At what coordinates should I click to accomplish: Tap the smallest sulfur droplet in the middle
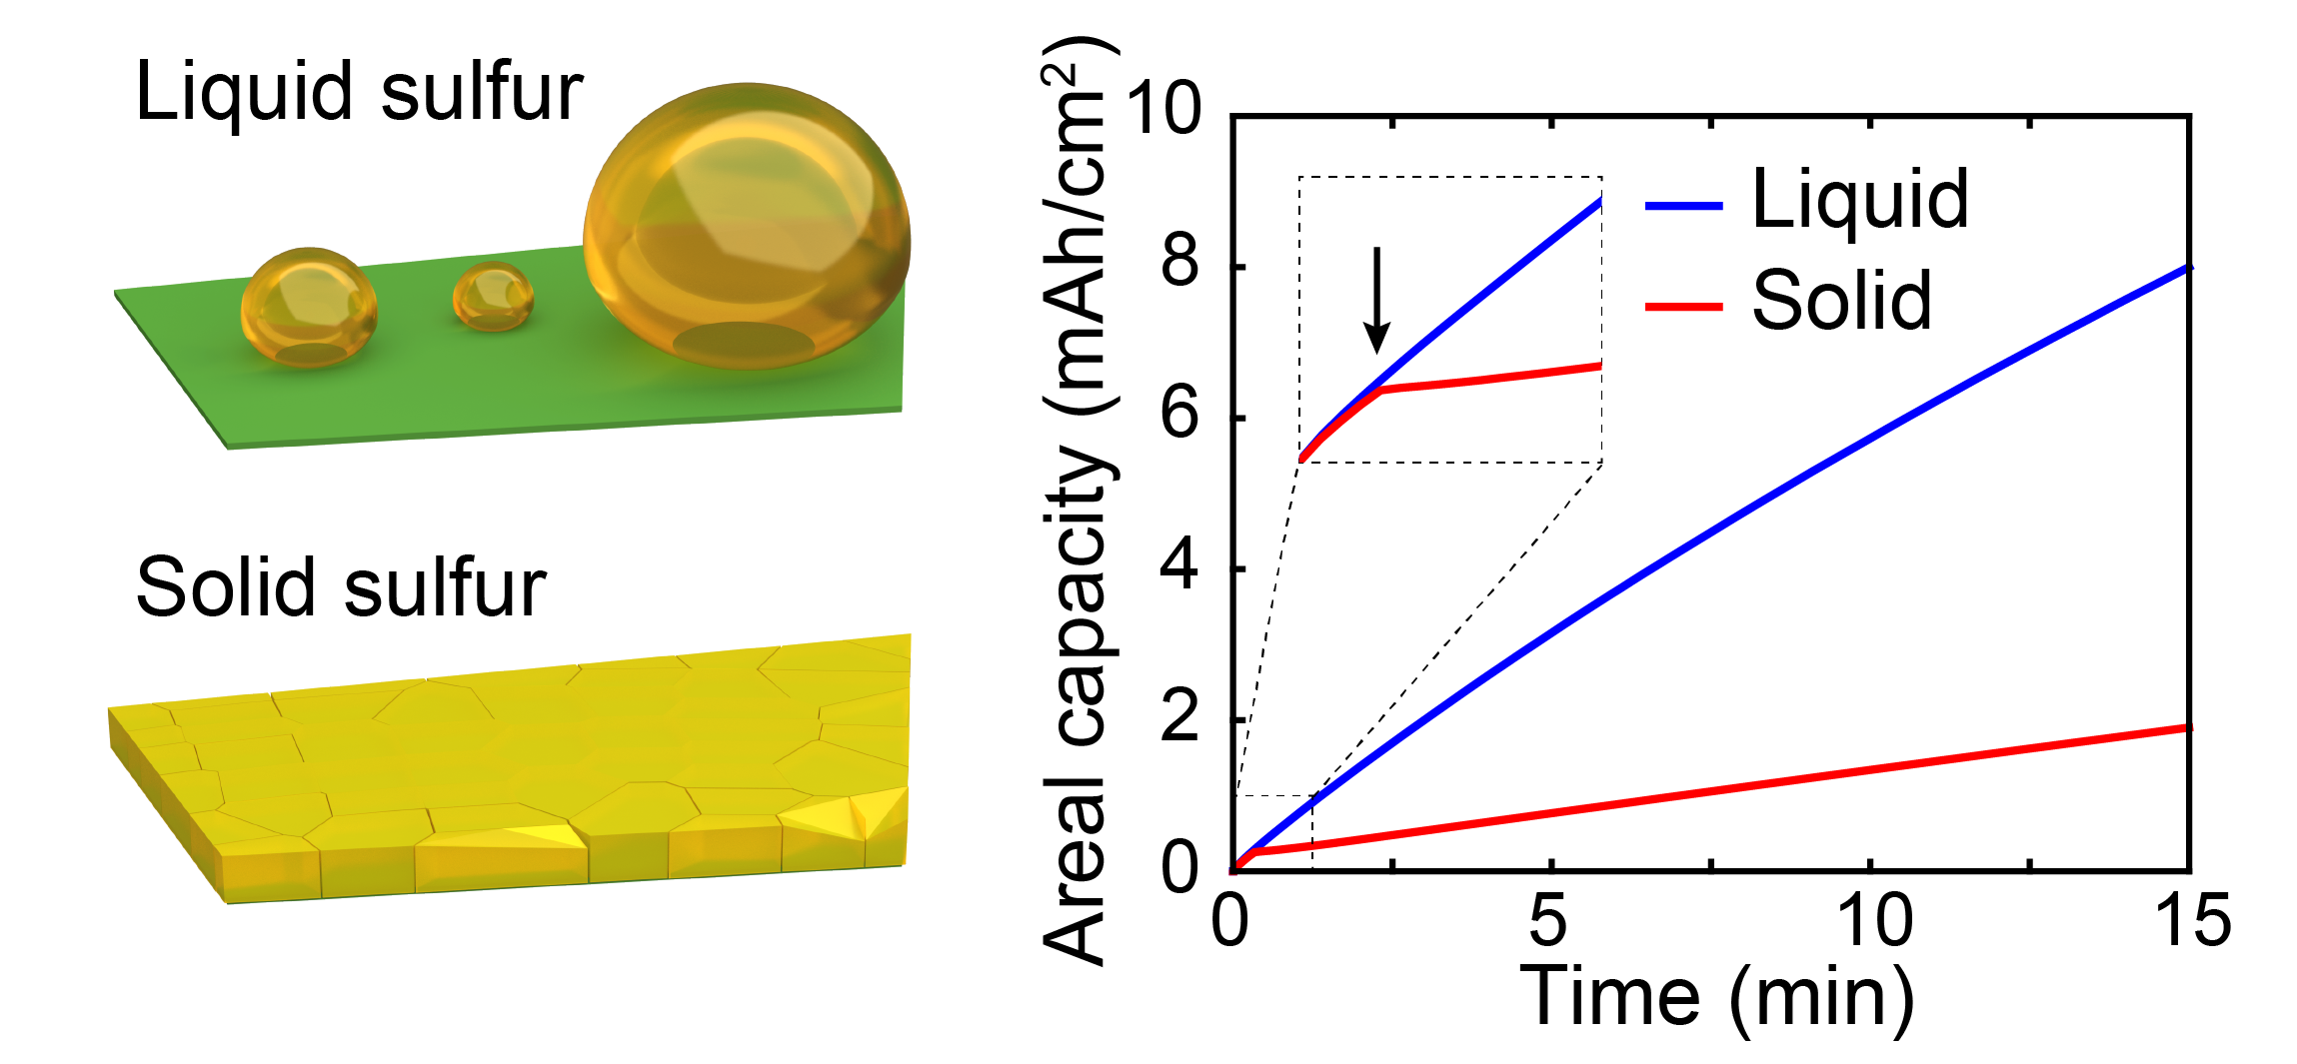click(493, 296)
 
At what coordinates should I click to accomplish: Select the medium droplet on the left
click(309, 307)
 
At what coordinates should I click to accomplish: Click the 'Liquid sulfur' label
click(359, 92)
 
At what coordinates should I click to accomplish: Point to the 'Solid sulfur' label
click(341, 587)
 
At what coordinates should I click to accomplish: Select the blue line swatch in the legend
click(1683, 206)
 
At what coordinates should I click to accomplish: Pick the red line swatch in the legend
click(1683, 307)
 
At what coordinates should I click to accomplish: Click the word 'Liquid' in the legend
click(1860, 200)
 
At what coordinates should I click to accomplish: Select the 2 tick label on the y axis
click(1179, 717)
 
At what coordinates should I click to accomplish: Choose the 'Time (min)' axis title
click(1716, 996)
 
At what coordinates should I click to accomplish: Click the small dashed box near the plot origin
click(1273, 832)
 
